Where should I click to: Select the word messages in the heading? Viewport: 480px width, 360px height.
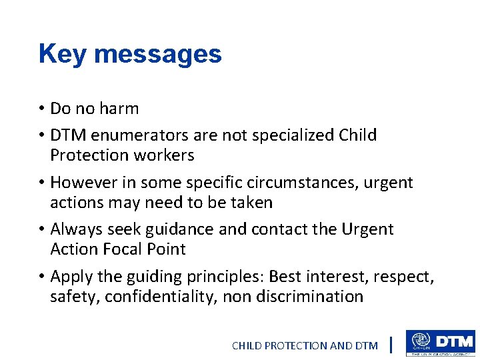[159, 54]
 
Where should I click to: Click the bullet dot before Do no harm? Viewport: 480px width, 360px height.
[41, 109]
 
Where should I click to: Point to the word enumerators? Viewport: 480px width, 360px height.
[140, 135]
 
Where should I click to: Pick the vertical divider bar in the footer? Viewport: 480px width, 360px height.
[391, 345]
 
